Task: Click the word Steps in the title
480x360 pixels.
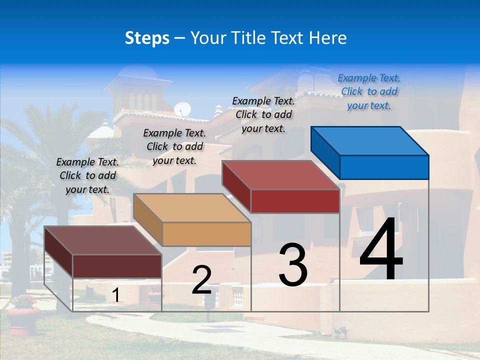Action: pos(147,38)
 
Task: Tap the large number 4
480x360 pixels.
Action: pos(381,250)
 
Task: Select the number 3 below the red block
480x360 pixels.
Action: pos(293,264)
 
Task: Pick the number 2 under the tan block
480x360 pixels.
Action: pos(201,280)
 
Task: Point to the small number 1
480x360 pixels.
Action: pos(116,295)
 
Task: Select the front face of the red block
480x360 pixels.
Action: pos(295,201)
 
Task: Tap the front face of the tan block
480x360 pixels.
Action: pos(206,234)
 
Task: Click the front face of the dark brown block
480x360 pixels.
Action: pos(117,266)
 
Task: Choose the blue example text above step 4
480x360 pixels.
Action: pos(369,91)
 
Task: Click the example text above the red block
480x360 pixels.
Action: pos(263,114)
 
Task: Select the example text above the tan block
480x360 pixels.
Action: pos(174,146)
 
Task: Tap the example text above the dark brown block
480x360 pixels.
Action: pos(87,175)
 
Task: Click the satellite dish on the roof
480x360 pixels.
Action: pos(182,109)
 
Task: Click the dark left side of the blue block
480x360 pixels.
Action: pos(325,152)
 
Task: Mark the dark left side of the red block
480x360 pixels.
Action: pos(236,185)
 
